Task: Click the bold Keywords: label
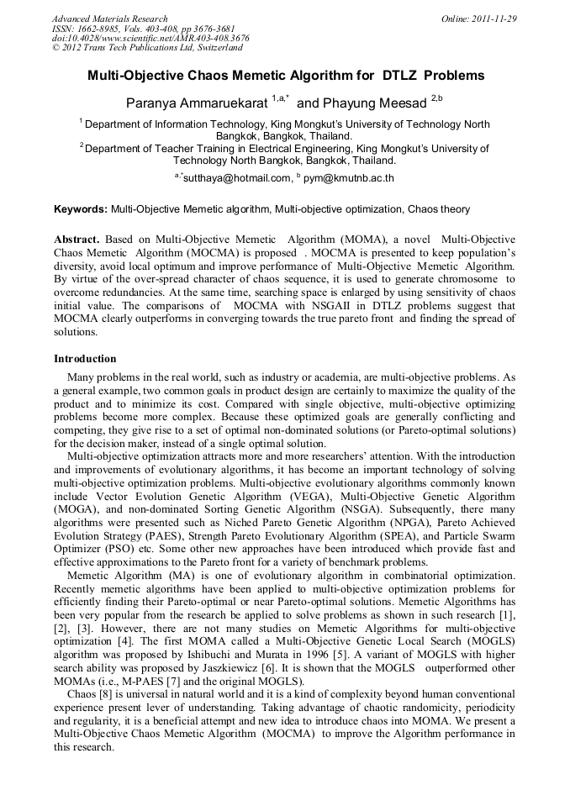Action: coord(81,208)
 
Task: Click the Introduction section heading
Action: coord(85,358)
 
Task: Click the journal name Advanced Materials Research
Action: coord(109,18)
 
